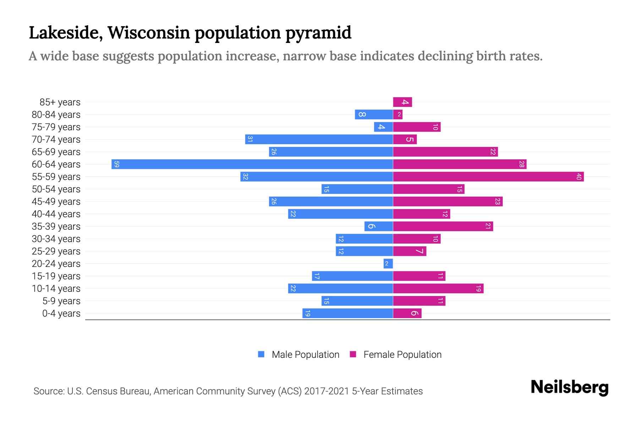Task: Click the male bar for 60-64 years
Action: [x=252, y=164]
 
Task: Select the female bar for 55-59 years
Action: [x=488, y=177]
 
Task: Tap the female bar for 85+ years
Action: [x=402, y=102]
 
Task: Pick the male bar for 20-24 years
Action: [x=388, y=264]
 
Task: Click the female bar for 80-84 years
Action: [x=398, y=115]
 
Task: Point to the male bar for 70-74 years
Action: [x=319, y=140]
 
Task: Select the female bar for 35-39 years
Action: [x=443, y=226]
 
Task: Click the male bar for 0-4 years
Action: [x=348, y=313]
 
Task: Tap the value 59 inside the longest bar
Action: [x=116, y=164]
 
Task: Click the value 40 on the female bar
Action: [x=579, y=177]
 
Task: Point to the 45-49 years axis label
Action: [x=56, y=202]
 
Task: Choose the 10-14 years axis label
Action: [x=56, y=289]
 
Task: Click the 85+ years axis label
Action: [x=60, y=102]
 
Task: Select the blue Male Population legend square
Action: [x=261, y=354]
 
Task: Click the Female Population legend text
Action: [x=402, y=355]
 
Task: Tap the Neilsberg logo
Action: [x=569, y=387]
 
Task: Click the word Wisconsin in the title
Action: [x=149, y=33]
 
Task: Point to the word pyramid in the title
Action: [x=318, y=33]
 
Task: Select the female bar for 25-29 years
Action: [x=409, y=251]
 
